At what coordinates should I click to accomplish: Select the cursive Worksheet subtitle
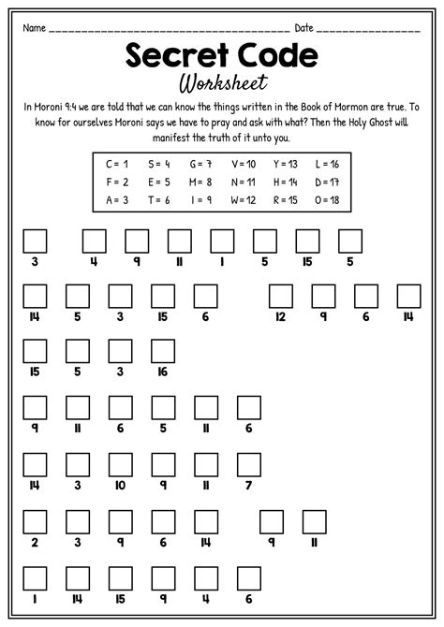221,84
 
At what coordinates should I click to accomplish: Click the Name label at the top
35,28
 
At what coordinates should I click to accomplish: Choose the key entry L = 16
327,163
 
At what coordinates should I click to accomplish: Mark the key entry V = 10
243,163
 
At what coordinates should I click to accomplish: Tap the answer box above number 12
281,297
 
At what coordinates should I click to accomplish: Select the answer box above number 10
120,463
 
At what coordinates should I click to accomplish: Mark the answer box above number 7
248,463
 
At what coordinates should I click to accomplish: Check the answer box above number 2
35,519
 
